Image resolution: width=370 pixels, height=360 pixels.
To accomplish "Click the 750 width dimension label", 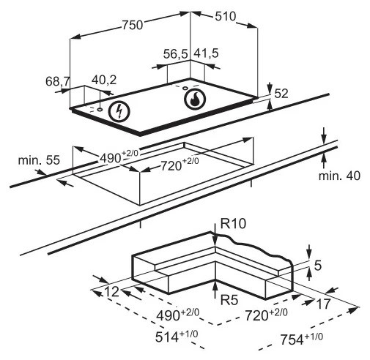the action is pyautogui.click(x=132, y=25).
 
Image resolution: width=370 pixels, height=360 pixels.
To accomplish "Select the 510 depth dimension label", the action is pyautogui.click(x=226, y=17).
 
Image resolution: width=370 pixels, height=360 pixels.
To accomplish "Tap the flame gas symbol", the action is pyautogui.click(x=195, y=99).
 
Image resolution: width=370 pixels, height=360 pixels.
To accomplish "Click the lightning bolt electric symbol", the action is pyautogui.click(x=119, y=111).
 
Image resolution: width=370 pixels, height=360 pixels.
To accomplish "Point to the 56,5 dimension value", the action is pyautogui.click(x=176, y=54).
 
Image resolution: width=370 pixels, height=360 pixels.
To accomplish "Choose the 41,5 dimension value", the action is pyautogui.click(x=206, y=53).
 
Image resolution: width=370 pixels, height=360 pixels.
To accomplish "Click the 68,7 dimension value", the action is pyautogui.click(x=58, y=81).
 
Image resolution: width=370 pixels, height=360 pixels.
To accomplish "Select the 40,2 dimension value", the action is pyautogui.click(x=104, y=80).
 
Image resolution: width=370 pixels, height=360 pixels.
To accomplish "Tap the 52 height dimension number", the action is pyautogui.click(x=281, y=94).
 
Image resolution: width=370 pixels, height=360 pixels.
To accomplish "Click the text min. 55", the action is pyautogui.click(x=39, y=160).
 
